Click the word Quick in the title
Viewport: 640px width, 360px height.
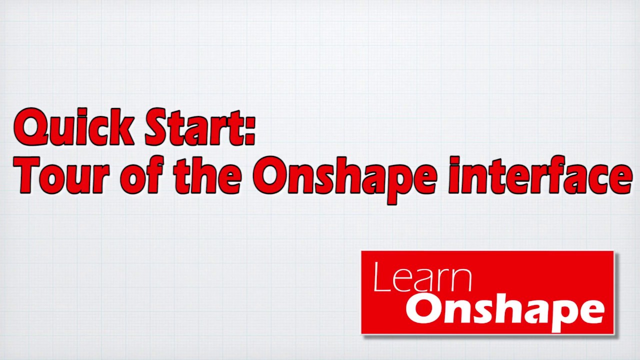pos(74,128)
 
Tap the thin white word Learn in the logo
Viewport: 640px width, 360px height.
pos(422,278)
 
